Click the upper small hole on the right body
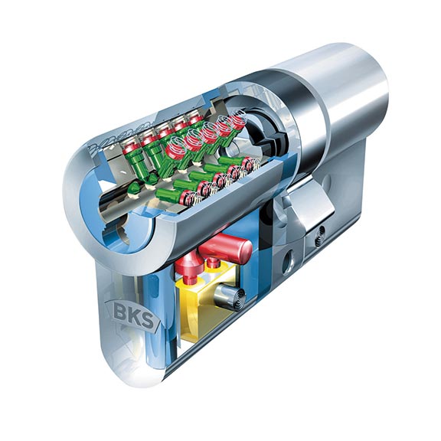click(319, 232)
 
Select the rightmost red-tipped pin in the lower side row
click(249, 162)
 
